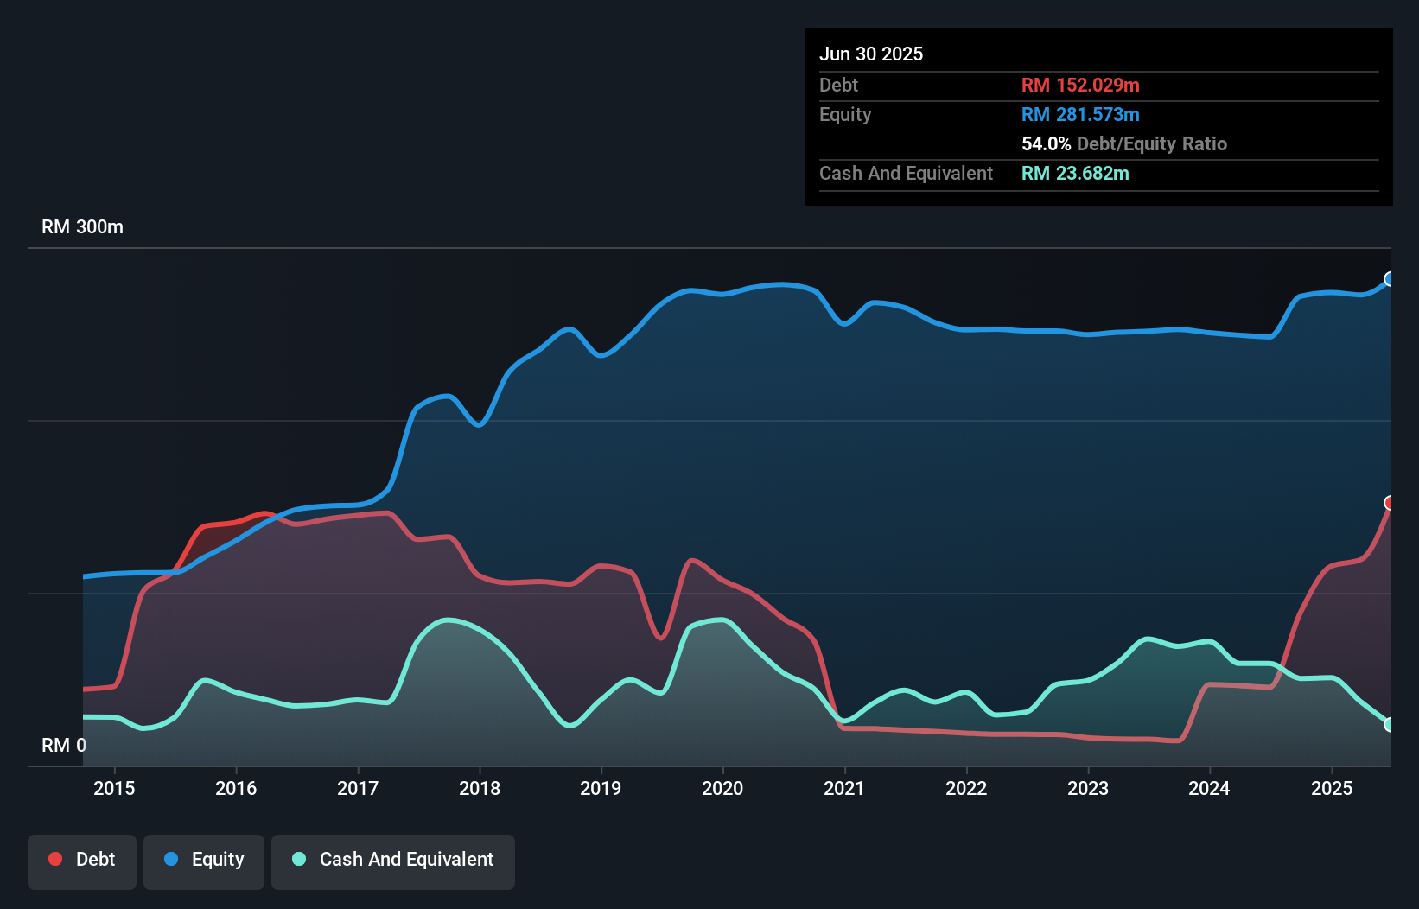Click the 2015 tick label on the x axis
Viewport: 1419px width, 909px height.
pyautogui.click(x=114, y=788)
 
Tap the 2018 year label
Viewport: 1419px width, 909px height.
pyautogui.click(x=480, y=788)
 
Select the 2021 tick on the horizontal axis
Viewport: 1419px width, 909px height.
pyautogui.click(x=844, y=788)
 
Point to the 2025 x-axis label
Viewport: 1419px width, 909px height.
pyautogui.click(x=1332, y=788)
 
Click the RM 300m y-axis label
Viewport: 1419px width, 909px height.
pyautogui.click(x=82, y=227)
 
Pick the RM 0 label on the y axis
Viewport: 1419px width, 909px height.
pyautogui.click(x=64, y=745)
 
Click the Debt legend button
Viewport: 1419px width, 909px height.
pyautogui.click(x=82, y=860)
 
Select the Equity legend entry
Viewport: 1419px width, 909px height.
pyautogui.click(x=204, y=860)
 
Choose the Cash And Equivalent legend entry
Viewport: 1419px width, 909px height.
pyautogui.click(x=393, y=860)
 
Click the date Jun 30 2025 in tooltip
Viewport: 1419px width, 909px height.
pyautogui.click(x=871, y=54)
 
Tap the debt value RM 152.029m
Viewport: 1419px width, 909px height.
pyautogui.click(x=1080, y=86)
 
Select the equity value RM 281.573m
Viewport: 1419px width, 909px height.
pyautogui.click(x=1080, y=115)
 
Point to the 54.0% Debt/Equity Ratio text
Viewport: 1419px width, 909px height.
pyautogui.click(x=1123, y=144)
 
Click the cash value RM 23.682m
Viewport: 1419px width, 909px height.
pyautogui.click(x=1075, y=174)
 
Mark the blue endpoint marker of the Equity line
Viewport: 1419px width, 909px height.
pyautogui.click(x=1390, y=279)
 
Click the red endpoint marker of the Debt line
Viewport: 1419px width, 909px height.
pyautogui.click(x=1390, y=503)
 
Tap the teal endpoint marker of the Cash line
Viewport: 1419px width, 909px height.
pyautogui.click(x=1390, y=725)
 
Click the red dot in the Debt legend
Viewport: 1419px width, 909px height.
pyautogui.click(x=55, y=859)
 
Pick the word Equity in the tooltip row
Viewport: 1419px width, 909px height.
pyautogui.click(x=845, y=115)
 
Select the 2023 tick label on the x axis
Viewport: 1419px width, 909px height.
pyautogui.click(x=1088, y=788)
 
